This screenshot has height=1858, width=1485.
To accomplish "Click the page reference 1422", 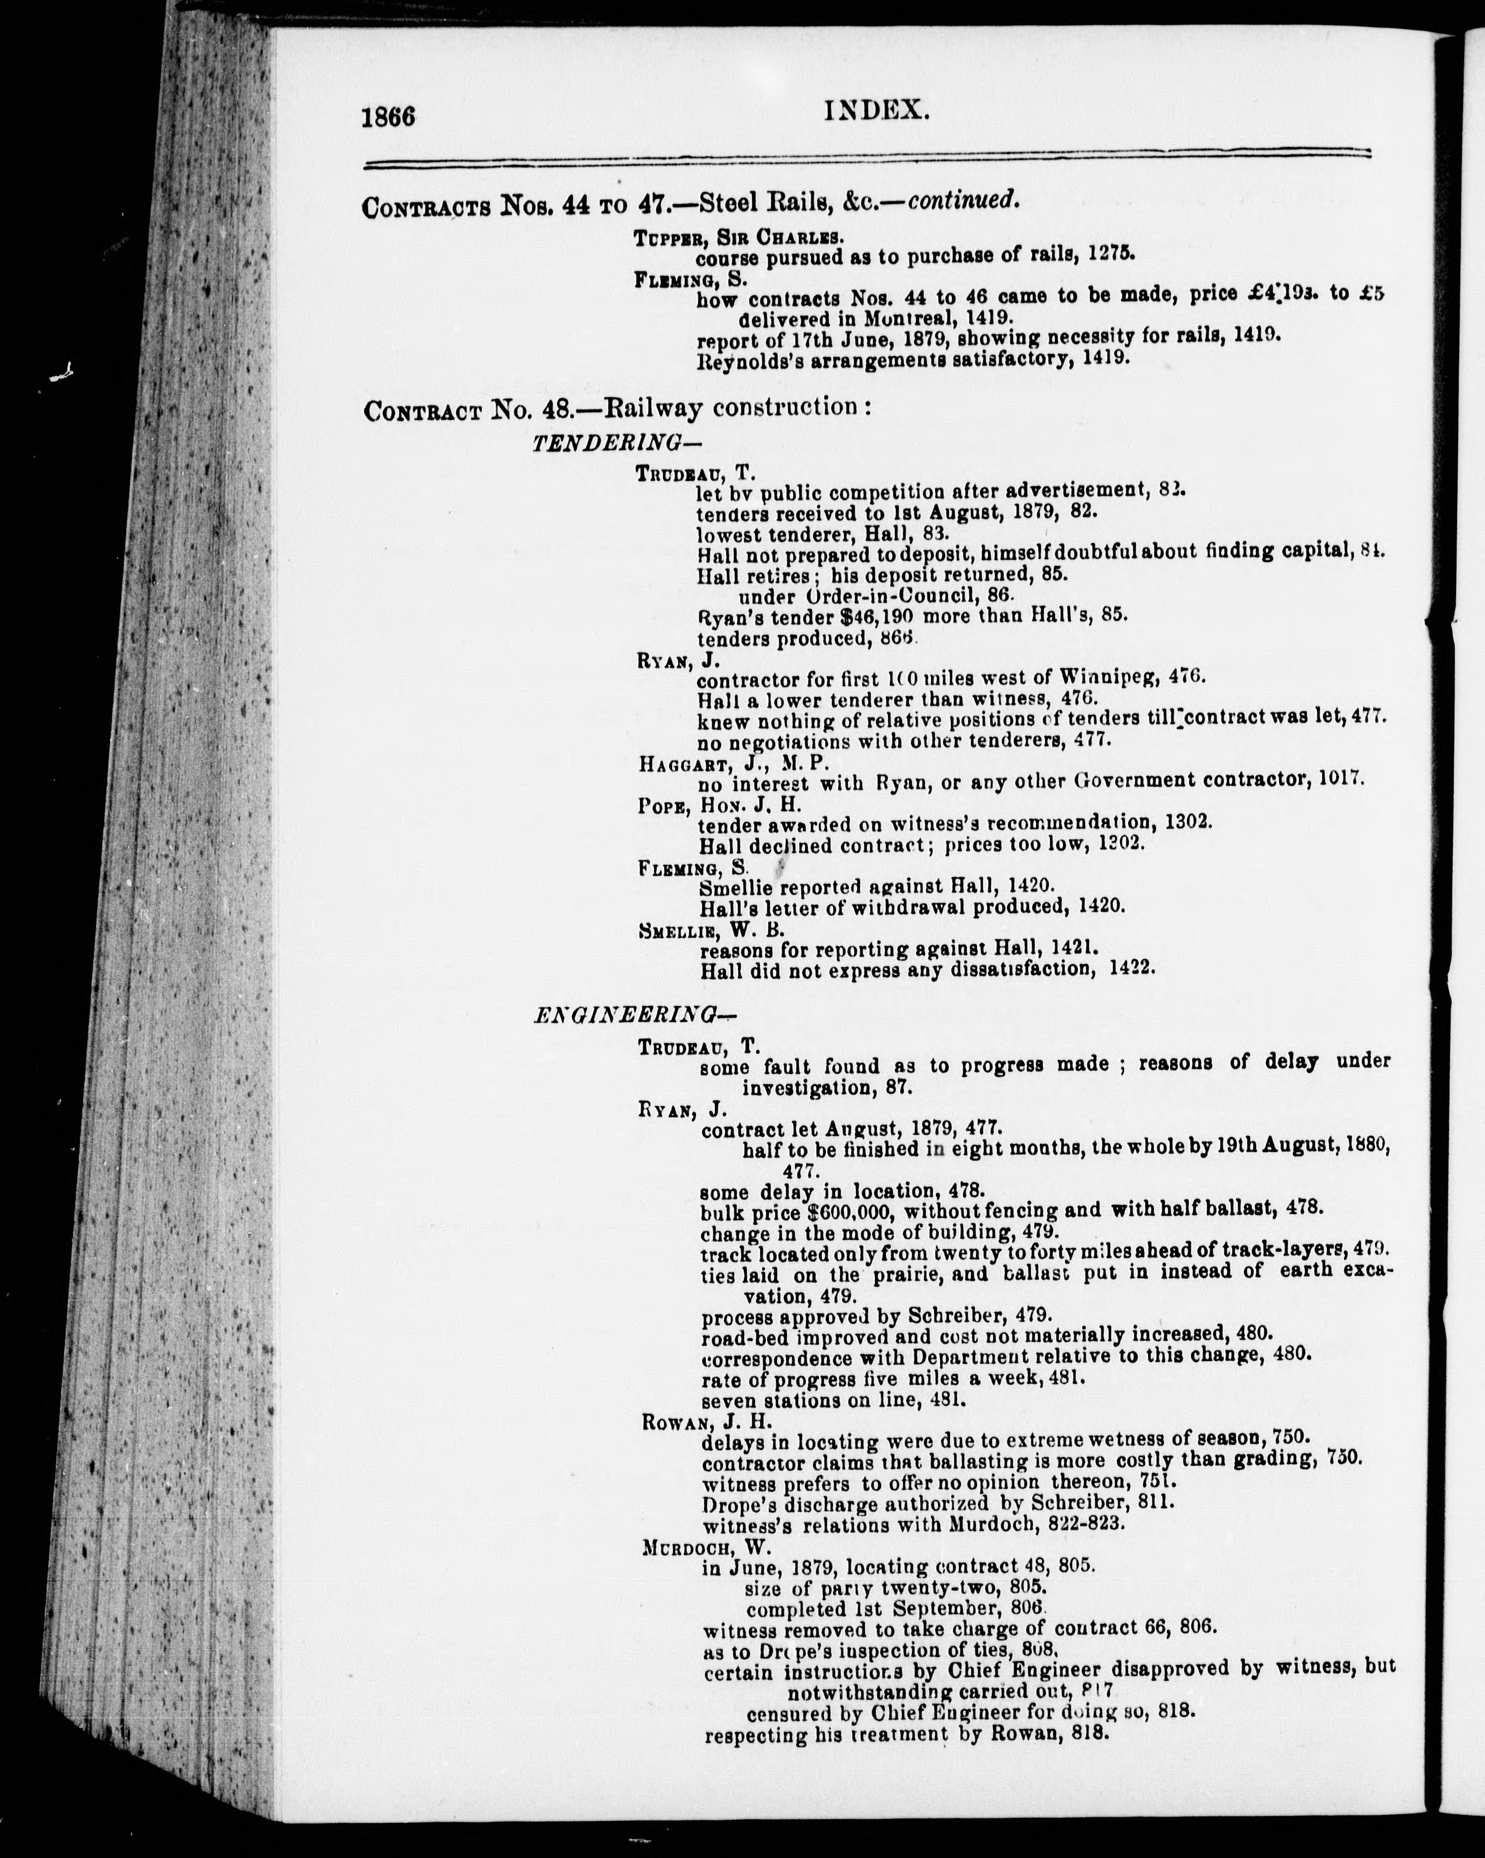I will [1132, 969].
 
